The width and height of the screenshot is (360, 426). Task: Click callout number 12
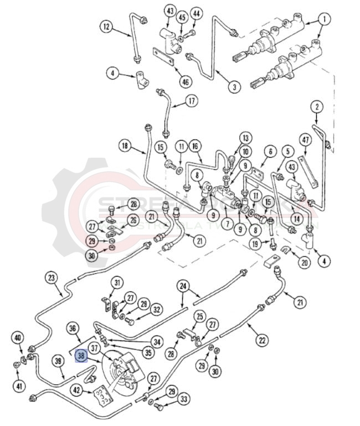click(x=106, y=25)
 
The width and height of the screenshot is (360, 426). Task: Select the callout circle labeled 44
click(x=196, y=13)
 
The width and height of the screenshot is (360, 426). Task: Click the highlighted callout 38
click(x=81, y=357)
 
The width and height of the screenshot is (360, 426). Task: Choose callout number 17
click(x=191, y=101)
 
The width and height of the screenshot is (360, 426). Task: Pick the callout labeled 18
click(x=125, y=146)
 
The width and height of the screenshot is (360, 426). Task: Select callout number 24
click(x=183, y=286)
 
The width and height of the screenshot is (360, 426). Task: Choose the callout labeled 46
click(x=184, y=82)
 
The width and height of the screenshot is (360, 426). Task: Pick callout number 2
click(x=316, y=106)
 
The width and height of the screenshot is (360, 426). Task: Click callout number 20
click(x=304, y=263)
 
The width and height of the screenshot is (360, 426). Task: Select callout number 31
click(x=116, y=283)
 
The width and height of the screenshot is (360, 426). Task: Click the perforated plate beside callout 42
click(x=101, y=396)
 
